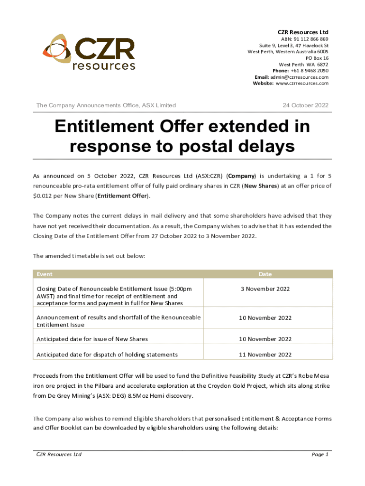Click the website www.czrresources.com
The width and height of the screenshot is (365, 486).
302,84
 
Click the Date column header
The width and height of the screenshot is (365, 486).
265,274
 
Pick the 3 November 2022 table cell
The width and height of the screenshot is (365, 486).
265,289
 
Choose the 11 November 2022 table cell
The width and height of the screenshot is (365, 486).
265,355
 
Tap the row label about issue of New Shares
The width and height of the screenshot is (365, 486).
92,339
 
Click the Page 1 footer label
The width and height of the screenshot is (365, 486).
320,455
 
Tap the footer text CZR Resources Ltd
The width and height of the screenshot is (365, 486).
59,455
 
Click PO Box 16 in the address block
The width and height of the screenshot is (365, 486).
317,58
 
